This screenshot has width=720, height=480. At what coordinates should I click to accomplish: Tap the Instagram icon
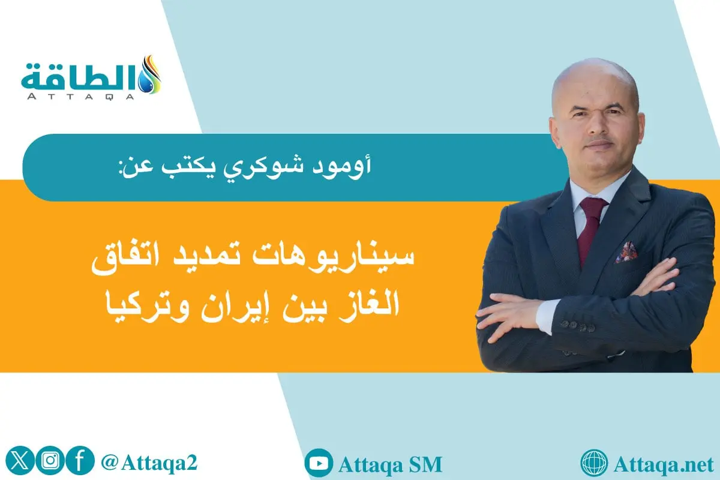pyautogui.click(x=50, y=463)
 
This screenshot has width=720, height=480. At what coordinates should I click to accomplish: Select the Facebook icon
pyautogui.click(x=81, y=463)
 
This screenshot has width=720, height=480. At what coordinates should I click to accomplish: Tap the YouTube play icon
pyautogui.click(x=318, y=464)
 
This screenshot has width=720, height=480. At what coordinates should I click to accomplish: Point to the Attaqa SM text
pyautogui.click(x=390, y=464)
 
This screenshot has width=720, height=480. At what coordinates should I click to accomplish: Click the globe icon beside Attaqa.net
pyautogui.click(x=595, y=464)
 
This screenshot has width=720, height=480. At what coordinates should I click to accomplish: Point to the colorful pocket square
pyautogui.click(x=626, y=252)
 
